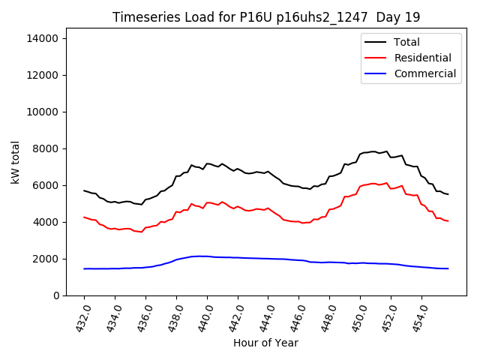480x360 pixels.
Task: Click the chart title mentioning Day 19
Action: coord(266,17)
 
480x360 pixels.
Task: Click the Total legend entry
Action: coord(407,42)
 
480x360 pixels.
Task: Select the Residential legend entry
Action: coord(422,58)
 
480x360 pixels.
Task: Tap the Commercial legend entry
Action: coord(424,73)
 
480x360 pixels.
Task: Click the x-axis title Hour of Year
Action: coord(265,343)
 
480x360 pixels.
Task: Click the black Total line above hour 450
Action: coord(360,154)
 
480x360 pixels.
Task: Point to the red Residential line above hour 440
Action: coord(207,202)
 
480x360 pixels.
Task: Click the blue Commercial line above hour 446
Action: coord(299,260)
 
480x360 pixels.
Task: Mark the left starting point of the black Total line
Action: coord(84,190)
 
